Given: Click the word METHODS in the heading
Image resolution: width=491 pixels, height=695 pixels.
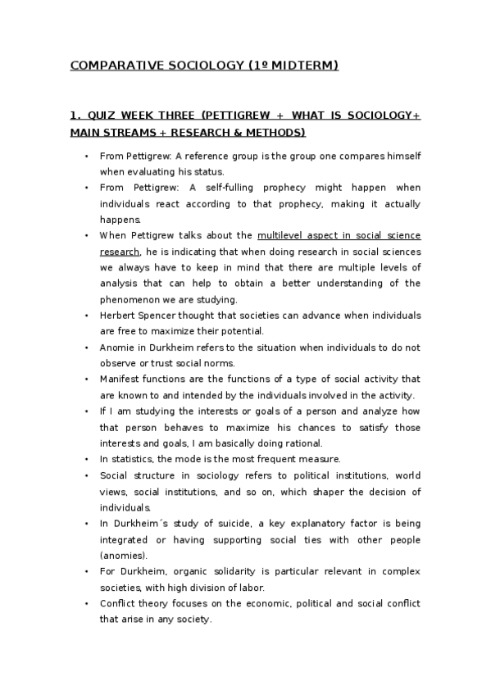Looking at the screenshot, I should (x=276, y=132).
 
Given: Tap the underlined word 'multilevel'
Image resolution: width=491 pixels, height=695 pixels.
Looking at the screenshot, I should (x=280, y=235).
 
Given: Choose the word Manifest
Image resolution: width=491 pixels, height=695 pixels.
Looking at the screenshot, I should (x=118, y=379).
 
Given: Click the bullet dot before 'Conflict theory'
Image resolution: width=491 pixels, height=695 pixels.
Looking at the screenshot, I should (x=87, y=604).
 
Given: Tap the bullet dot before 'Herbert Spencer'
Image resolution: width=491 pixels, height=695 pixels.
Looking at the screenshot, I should (x=87, y=316).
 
